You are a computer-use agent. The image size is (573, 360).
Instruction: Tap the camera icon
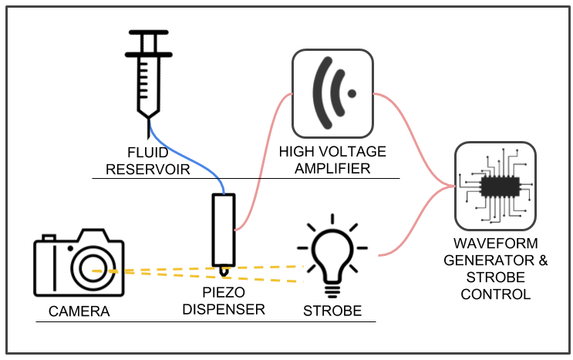[79, 262]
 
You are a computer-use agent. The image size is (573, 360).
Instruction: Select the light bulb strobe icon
[332, 256]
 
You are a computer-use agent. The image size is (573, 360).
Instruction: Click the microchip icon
[496, 186]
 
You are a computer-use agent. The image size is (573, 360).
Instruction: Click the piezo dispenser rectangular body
[224, 230]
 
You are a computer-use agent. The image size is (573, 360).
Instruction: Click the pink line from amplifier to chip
[413, 139]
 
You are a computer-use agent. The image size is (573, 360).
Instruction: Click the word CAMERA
[79, 311]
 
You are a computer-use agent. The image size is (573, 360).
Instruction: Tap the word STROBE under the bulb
[332, 311]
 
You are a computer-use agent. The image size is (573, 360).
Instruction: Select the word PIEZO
[224, 292]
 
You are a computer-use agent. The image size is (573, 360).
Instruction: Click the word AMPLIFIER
[332, 168]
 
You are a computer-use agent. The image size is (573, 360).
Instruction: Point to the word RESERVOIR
[148, 170]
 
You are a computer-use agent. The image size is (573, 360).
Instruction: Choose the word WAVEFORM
[496, 243]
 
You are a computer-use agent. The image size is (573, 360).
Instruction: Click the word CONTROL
[496, 294]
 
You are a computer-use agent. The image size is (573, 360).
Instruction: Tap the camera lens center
[93, 268]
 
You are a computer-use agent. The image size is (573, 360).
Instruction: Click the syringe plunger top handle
[148, 32]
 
